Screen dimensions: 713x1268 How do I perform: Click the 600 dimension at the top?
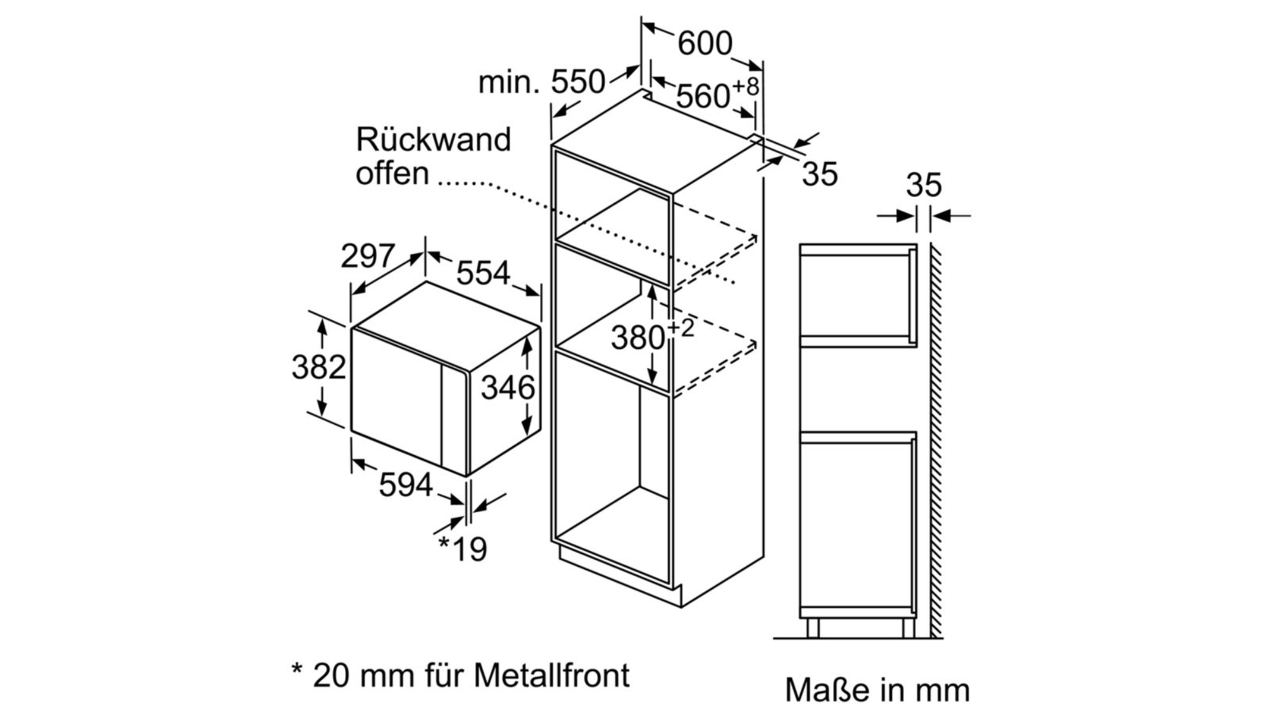704,43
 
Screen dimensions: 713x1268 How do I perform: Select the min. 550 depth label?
542,82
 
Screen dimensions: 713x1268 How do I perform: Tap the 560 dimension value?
703,96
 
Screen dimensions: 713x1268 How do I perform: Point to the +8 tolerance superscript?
745,86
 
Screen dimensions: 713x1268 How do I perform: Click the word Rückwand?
433,140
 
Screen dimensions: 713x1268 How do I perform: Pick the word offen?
392,173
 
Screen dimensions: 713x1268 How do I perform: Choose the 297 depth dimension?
367,257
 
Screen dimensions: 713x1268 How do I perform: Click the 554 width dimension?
483,273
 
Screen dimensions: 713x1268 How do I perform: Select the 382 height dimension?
319,367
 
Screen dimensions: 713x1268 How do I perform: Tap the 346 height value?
508,388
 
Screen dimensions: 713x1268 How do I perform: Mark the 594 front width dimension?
405,485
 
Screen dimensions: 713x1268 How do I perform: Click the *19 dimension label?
463,548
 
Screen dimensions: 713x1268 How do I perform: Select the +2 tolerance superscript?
681,327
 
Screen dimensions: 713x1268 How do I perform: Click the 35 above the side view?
924,185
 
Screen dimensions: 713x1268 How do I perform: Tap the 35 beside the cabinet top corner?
820,174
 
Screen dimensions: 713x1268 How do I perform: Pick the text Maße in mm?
877,690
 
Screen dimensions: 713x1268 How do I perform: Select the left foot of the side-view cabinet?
813,627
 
